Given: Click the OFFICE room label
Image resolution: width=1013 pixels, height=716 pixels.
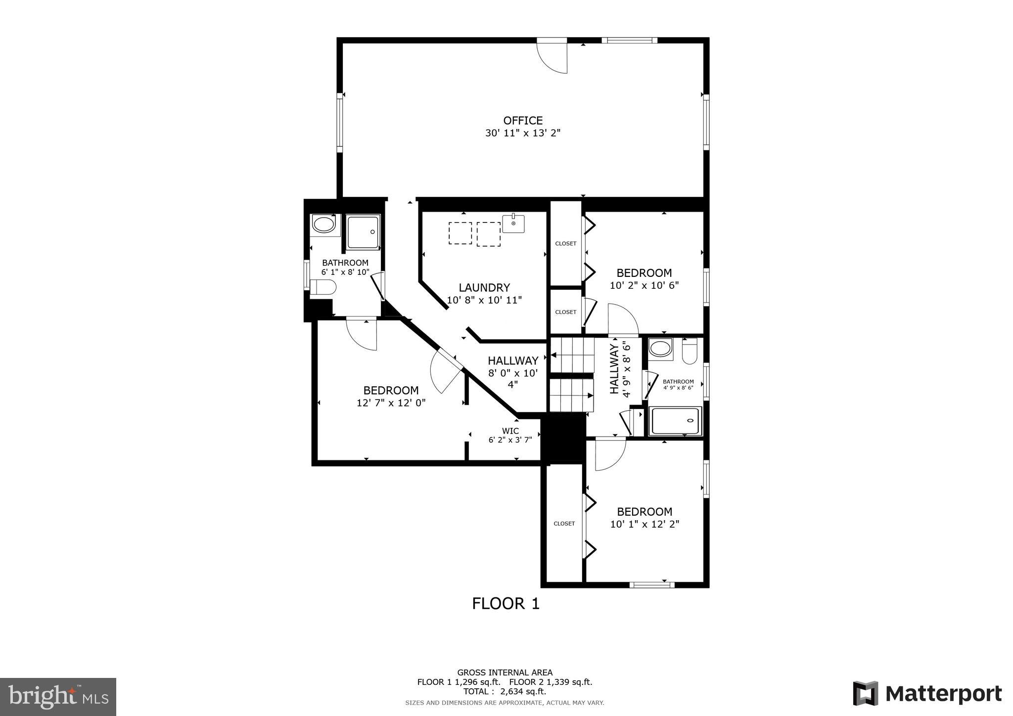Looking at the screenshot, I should coord(523,121).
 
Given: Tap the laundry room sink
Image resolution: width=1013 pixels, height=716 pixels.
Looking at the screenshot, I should coord(513,224).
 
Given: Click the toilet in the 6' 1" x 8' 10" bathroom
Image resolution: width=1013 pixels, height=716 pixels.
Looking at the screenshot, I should coord(323,287).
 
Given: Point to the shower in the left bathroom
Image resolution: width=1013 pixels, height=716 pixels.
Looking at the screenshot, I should coord(363,231).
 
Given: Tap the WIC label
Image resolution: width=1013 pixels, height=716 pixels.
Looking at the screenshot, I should coord(510,431).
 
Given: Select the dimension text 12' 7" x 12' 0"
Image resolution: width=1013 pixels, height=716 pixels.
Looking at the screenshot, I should coord(391,403).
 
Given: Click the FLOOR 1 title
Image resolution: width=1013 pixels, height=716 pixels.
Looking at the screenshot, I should coord(506,604).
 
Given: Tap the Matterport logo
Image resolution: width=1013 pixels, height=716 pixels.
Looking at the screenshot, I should coord(927,693).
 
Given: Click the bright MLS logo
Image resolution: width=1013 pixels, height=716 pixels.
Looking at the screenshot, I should coord(58,697).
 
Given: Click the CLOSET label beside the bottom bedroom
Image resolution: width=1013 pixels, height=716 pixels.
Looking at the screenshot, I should coord(564,524).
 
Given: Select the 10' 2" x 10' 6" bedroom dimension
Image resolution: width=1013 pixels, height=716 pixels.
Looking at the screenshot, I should coord(644,285).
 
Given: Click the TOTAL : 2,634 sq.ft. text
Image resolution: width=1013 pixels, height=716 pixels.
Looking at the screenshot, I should coord(505,691).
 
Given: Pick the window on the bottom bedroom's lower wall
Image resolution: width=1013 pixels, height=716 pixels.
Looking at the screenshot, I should coord(651,585).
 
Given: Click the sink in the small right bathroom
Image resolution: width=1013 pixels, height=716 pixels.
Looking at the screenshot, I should coord(660,348).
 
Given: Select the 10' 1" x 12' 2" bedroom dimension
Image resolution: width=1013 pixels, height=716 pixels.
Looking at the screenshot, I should coord(644,524).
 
